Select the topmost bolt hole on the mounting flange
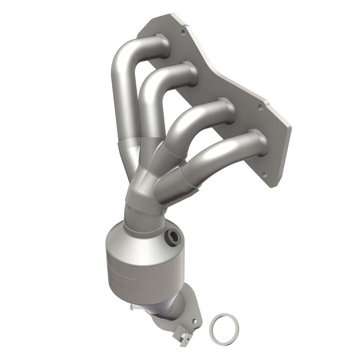tap(183, 31)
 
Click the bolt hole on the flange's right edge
tap(260, 106)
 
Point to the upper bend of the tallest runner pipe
tap(122, 55)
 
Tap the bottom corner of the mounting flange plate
tap(272, 185)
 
